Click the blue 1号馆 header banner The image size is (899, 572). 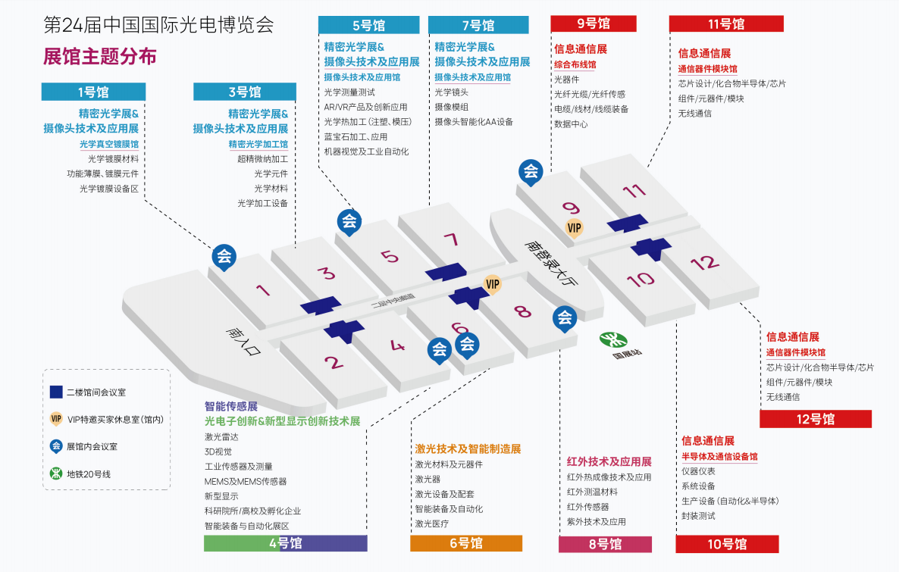coord(92,92)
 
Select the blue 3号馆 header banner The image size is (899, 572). coord(243,92)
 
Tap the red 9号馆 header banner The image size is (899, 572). coord(593,24)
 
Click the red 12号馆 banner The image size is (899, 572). coord(815,419)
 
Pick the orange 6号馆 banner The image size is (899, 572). coord(466,543)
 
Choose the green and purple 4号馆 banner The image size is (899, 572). coord(285,543)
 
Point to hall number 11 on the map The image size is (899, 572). coord(634,191)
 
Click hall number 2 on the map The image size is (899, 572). coord(334,362)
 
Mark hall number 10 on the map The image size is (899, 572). coord(641,279)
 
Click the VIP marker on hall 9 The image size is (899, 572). coord(575,227)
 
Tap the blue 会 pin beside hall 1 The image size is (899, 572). coord(224,256)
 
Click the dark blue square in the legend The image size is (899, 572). coord(56,392)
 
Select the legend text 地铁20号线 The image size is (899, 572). coord(89,474)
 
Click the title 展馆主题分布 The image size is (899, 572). coord(101,56)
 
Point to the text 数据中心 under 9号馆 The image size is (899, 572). coord(571,124)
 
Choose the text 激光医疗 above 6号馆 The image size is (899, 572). coord(432,524)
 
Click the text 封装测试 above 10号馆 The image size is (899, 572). coord(698,516)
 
